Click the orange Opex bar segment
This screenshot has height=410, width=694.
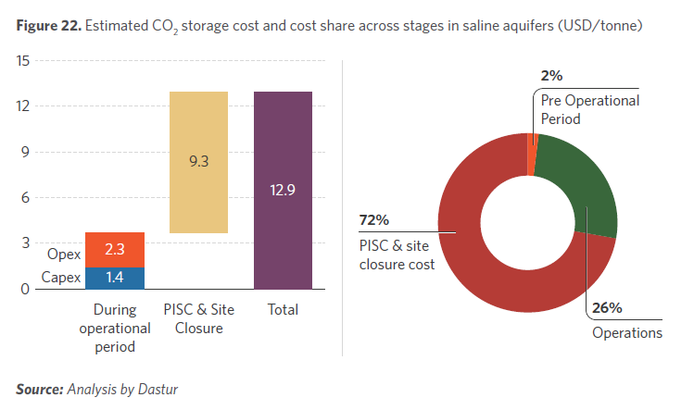point(114,250)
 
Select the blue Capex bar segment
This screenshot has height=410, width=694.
point(114,278)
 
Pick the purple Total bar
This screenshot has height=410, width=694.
point(283,190)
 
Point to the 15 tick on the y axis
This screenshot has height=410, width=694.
point(24,61)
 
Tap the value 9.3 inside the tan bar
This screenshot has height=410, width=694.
point(198,161)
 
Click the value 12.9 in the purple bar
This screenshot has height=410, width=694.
point(283,190)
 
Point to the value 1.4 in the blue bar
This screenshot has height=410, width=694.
point(114,278)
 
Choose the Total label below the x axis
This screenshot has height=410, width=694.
point(283,310)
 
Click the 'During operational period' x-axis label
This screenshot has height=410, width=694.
point(115,328)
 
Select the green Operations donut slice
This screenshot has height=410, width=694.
point(579,190)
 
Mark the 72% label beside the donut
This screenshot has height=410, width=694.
point(373,220)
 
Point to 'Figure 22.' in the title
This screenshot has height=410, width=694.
point(47,26)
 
